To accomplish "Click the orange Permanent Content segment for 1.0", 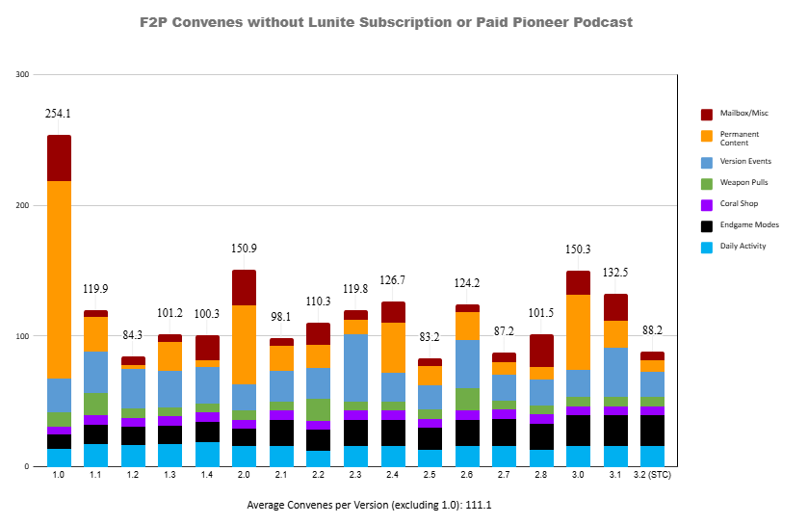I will pos(59,279).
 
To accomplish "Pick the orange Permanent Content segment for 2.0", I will pos(245,345).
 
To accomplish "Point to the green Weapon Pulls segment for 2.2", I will pos(319,409).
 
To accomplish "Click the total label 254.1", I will pos(59,114).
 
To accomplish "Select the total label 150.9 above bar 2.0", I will pos(245,249).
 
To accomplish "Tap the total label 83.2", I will pos(430,337).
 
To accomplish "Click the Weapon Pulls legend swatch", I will pos(706,182).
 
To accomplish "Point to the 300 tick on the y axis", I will pos(23,74).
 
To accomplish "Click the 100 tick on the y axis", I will pos(23,336).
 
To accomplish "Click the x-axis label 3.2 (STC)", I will pos(652,476).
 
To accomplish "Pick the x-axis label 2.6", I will pos(468,476).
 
